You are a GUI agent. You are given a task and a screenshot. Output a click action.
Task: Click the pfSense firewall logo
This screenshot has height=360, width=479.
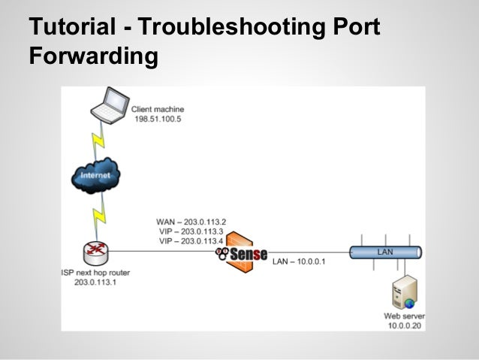(242, 254)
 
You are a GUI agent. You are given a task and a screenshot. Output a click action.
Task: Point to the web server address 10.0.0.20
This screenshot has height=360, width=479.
(405, 325)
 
